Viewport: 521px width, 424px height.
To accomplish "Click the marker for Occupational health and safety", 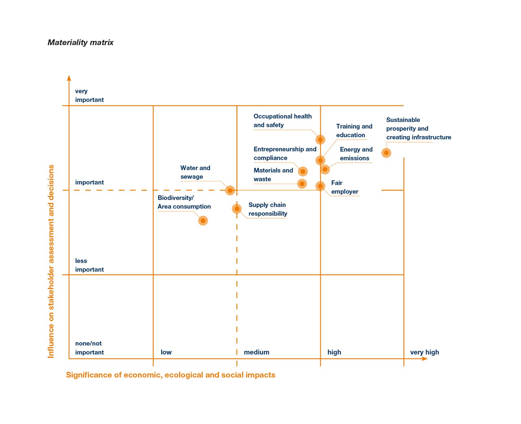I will coord(320,140).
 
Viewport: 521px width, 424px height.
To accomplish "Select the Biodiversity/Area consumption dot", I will coord(203,221).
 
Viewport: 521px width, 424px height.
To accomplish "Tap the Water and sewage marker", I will coord(230,190).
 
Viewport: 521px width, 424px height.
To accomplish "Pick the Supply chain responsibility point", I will coord(237,209).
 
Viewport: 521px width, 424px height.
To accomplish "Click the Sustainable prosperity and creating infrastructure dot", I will coord(386,153).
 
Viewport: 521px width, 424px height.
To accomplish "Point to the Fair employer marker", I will coord(320,186).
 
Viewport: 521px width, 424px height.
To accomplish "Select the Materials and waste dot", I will coord(302,184).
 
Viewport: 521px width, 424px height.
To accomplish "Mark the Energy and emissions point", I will coord(325,169).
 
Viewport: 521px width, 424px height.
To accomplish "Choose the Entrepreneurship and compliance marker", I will coord(302,171).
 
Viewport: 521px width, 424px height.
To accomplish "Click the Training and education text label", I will coord(354,131).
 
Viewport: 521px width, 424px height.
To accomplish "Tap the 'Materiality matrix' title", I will coord(81,42).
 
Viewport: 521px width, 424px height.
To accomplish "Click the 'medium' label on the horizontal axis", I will coord(256,352).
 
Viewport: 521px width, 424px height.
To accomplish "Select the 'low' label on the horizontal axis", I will coord(166,352).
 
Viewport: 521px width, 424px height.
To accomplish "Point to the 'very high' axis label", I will coord(425,352).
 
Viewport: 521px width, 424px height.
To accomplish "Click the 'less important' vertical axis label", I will coord(89,265).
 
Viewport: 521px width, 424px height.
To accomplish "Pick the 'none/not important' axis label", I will coord(89,348).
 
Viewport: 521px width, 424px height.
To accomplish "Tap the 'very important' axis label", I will coord(89,95).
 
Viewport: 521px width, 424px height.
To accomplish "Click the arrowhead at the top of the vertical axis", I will coord(69,78).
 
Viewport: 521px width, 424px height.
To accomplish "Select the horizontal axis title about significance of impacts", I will coord(171,375).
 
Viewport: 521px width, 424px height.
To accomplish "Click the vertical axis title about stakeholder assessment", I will coord(51,261).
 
